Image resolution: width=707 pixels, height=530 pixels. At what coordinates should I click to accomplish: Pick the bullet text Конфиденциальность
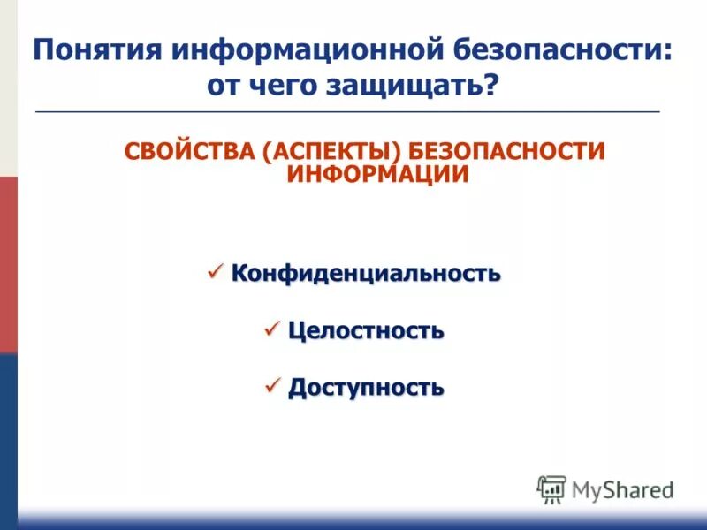click(x=366, y=274)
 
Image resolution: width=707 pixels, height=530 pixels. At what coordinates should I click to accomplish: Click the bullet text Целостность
click(x=366, y=332)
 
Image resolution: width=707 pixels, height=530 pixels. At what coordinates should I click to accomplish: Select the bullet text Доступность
click(x=366, y=388)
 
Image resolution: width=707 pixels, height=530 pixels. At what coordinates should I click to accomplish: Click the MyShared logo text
click(x=622, y=489)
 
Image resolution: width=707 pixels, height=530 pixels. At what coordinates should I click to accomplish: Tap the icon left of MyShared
click(x=551, y=489)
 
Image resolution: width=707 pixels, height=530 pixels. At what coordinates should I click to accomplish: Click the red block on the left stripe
click(x=8, y=265)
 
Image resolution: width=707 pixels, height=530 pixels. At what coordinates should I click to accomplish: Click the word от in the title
click(x=224, y=87)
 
